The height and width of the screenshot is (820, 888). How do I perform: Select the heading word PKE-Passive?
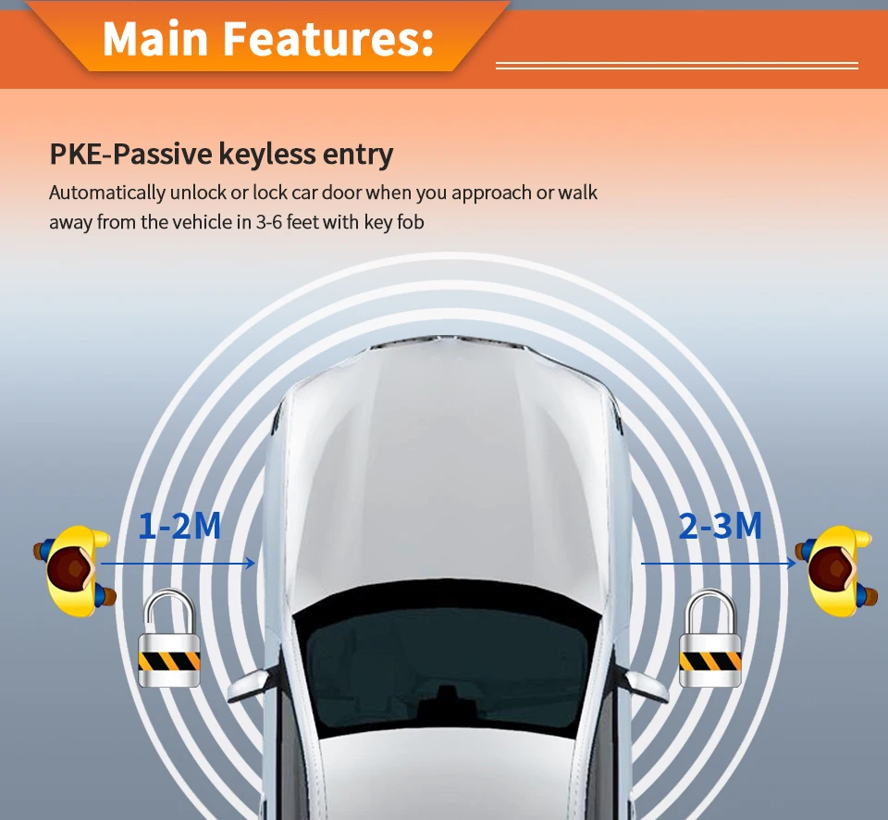click(130, 154)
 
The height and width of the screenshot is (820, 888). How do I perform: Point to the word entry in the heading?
click(358, 155)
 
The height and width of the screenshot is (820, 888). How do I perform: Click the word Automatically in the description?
click(107, 193)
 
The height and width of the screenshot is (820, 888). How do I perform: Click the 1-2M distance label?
click(179, 526)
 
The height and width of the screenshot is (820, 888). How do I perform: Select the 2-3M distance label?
click(720, 526)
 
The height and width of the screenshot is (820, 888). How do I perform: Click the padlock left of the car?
click(169, 639)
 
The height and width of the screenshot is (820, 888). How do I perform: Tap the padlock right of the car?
click(710, 639)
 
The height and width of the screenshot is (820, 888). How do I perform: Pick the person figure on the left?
click(76, 569)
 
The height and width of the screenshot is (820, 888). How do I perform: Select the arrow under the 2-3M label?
click(718, 563)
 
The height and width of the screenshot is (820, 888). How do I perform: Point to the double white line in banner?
click(677, 66)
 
